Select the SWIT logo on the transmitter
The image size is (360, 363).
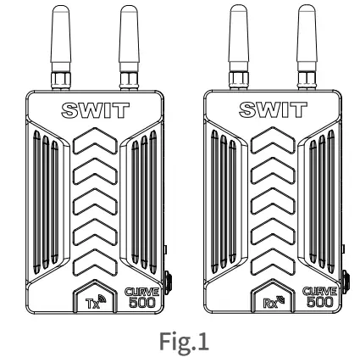[x=96, y=109]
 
